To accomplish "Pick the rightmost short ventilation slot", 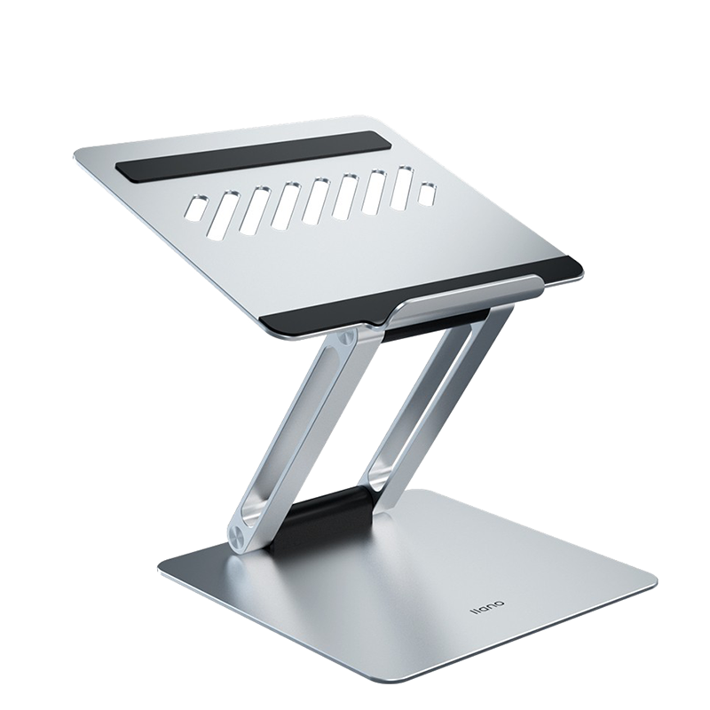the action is [428, 192].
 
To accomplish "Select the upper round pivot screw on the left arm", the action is [347, 337].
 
